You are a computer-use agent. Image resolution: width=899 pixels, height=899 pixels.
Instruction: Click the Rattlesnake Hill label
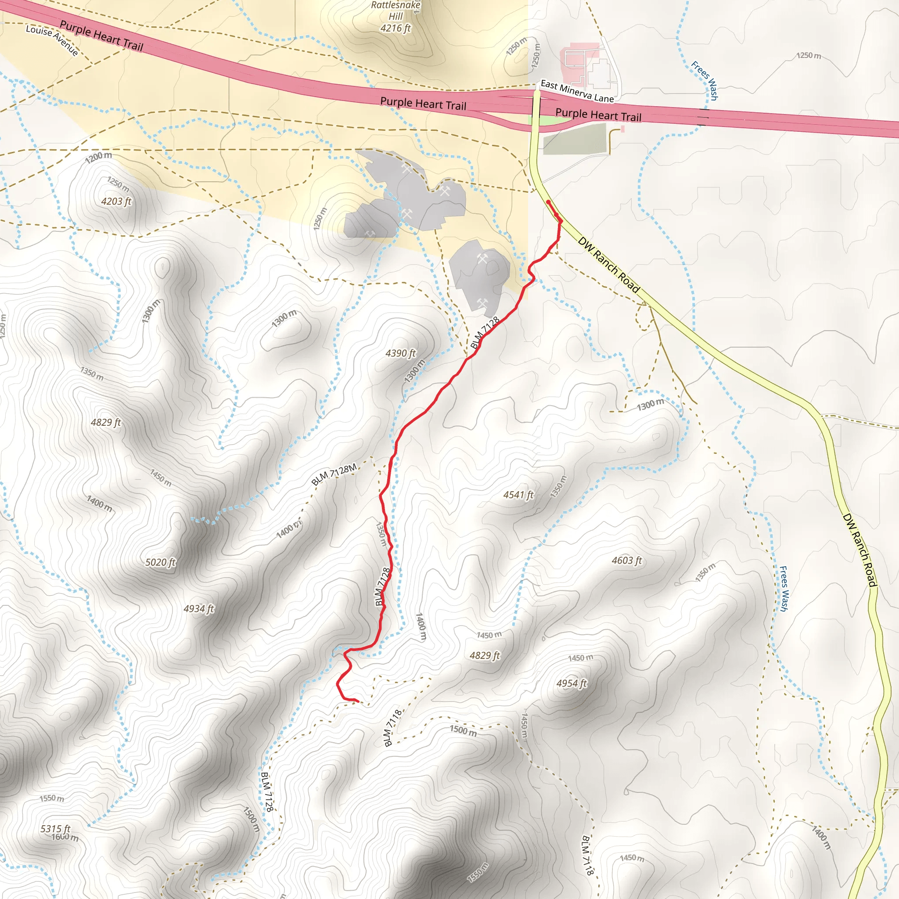tap(396, 11)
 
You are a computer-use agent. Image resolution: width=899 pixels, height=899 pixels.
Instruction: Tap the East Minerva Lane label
tap(577, 91)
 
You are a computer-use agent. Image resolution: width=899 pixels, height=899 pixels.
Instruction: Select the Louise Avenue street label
tap(52, 40)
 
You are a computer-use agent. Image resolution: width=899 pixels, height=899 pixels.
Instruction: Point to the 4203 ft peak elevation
tap(116, 201)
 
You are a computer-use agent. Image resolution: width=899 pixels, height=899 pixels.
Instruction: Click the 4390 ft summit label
tap(401, 353)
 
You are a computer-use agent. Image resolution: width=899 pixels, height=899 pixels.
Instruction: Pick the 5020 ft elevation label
tap(161, 562)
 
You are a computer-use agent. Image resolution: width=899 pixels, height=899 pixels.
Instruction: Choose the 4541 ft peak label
tap(518, 495)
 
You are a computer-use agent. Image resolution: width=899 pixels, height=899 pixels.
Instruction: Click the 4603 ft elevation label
tap(627, 561)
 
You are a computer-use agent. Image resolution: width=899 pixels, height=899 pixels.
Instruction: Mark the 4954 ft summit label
tap(572, 683)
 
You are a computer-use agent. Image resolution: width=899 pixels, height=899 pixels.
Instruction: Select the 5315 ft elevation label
tap(55, 829)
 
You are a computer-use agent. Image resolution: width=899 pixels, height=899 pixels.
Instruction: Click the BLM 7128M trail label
tap(334, 474)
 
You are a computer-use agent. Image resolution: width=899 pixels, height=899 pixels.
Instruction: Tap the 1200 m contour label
tap(98, 157)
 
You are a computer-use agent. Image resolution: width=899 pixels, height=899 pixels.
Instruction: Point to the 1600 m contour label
tap(65, 838)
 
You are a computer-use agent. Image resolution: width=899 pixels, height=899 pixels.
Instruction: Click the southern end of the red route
tap(358, 701)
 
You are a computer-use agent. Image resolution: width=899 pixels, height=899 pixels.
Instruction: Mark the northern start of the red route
tap(548, 201)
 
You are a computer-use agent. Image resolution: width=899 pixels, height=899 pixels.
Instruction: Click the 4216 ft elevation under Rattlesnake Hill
tap(396, 29)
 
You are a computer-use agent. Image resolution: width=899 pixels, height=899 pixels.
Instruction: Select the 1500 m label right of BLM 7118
tap(463, 730)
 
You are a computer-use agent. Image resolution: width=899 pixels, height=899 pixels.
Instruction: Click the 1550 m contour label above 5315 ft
tap(52, 798)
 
